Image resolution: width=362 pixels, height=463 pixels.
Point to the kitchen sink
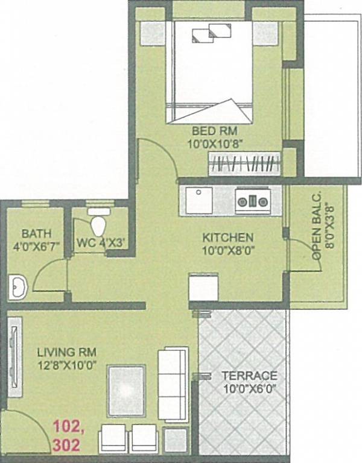click(x=198, y=200)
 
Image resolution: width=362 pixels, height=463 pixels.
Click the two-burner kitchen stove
click(x=254, y=201)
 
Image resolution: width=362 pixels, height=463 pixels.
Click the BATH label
click(x=36, y=233)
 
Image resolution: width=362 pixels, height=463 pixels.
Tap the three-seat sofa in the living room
click(x=172, y=383)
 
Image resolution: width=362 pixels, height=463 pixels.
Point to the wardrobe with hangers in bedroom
click(x=245, y=164)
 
